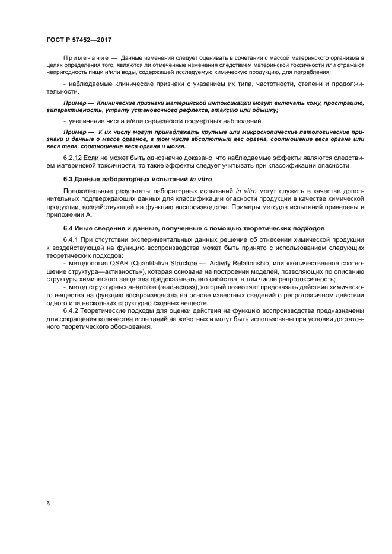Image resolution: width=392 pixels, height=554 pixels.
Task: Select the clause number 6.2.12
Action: click(x=73, y=158)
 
